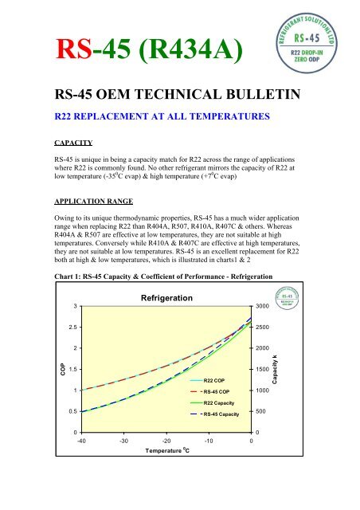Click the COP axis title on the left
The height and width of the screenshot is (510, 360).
(43, 369)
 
